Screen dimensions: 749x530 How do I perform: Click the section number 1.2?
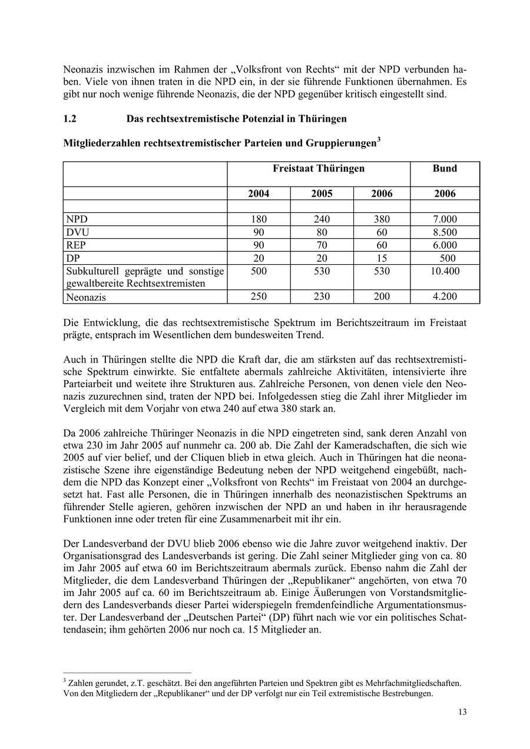click(70, 119)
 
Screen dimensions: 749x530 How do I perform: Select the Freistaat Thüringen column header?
click(319, 169)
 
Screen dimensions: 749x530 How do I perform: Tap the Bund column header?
click(445, 169)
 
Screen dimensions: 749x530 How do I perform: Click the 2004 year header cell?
click(259, 194)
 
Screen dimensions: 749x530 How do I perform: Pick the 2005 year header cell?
click(322, 194)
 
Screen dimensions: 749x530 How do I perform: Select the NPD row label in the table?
click(77, 219)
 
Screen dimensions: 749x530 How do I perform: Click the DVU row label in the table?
click(78, 232)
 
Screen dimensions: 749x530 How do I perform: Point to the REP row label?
click(77, 245)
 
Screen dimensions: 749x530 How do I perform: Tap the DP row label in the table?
click(73, 258)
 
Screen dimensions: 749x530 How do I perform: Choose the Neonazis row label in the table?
click(86, 297)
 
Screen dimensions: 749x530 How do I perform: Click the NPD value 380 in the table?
click(382, 219)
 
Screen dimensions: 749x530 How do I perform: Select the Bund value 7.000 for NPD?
click(445, 219)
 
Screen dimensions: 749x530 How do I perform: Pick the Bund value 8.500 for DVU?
click(445, 232)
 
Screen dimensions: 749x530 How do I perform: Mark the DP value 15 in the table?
click(382, 258)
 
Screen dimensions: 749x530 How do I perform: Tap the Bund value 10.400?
click(445, 271)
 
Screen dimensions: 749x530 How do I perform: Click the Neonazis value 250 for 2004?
click(259, 297)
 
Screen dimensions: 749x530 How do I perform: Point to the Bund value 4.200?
click(445, 297)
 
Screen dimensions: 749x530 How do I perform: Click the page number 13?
click(462, 713)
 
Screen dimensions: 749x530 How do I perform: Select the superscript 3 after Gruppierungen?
click(379, 140)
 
